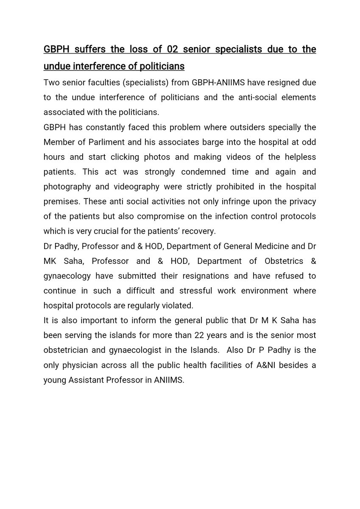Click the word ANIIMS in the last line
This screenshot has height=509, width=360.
click(170, 380)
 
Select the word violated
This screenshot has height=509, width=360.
click(178, 305)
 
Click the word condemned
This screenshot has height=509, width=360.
click(181, 172)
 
